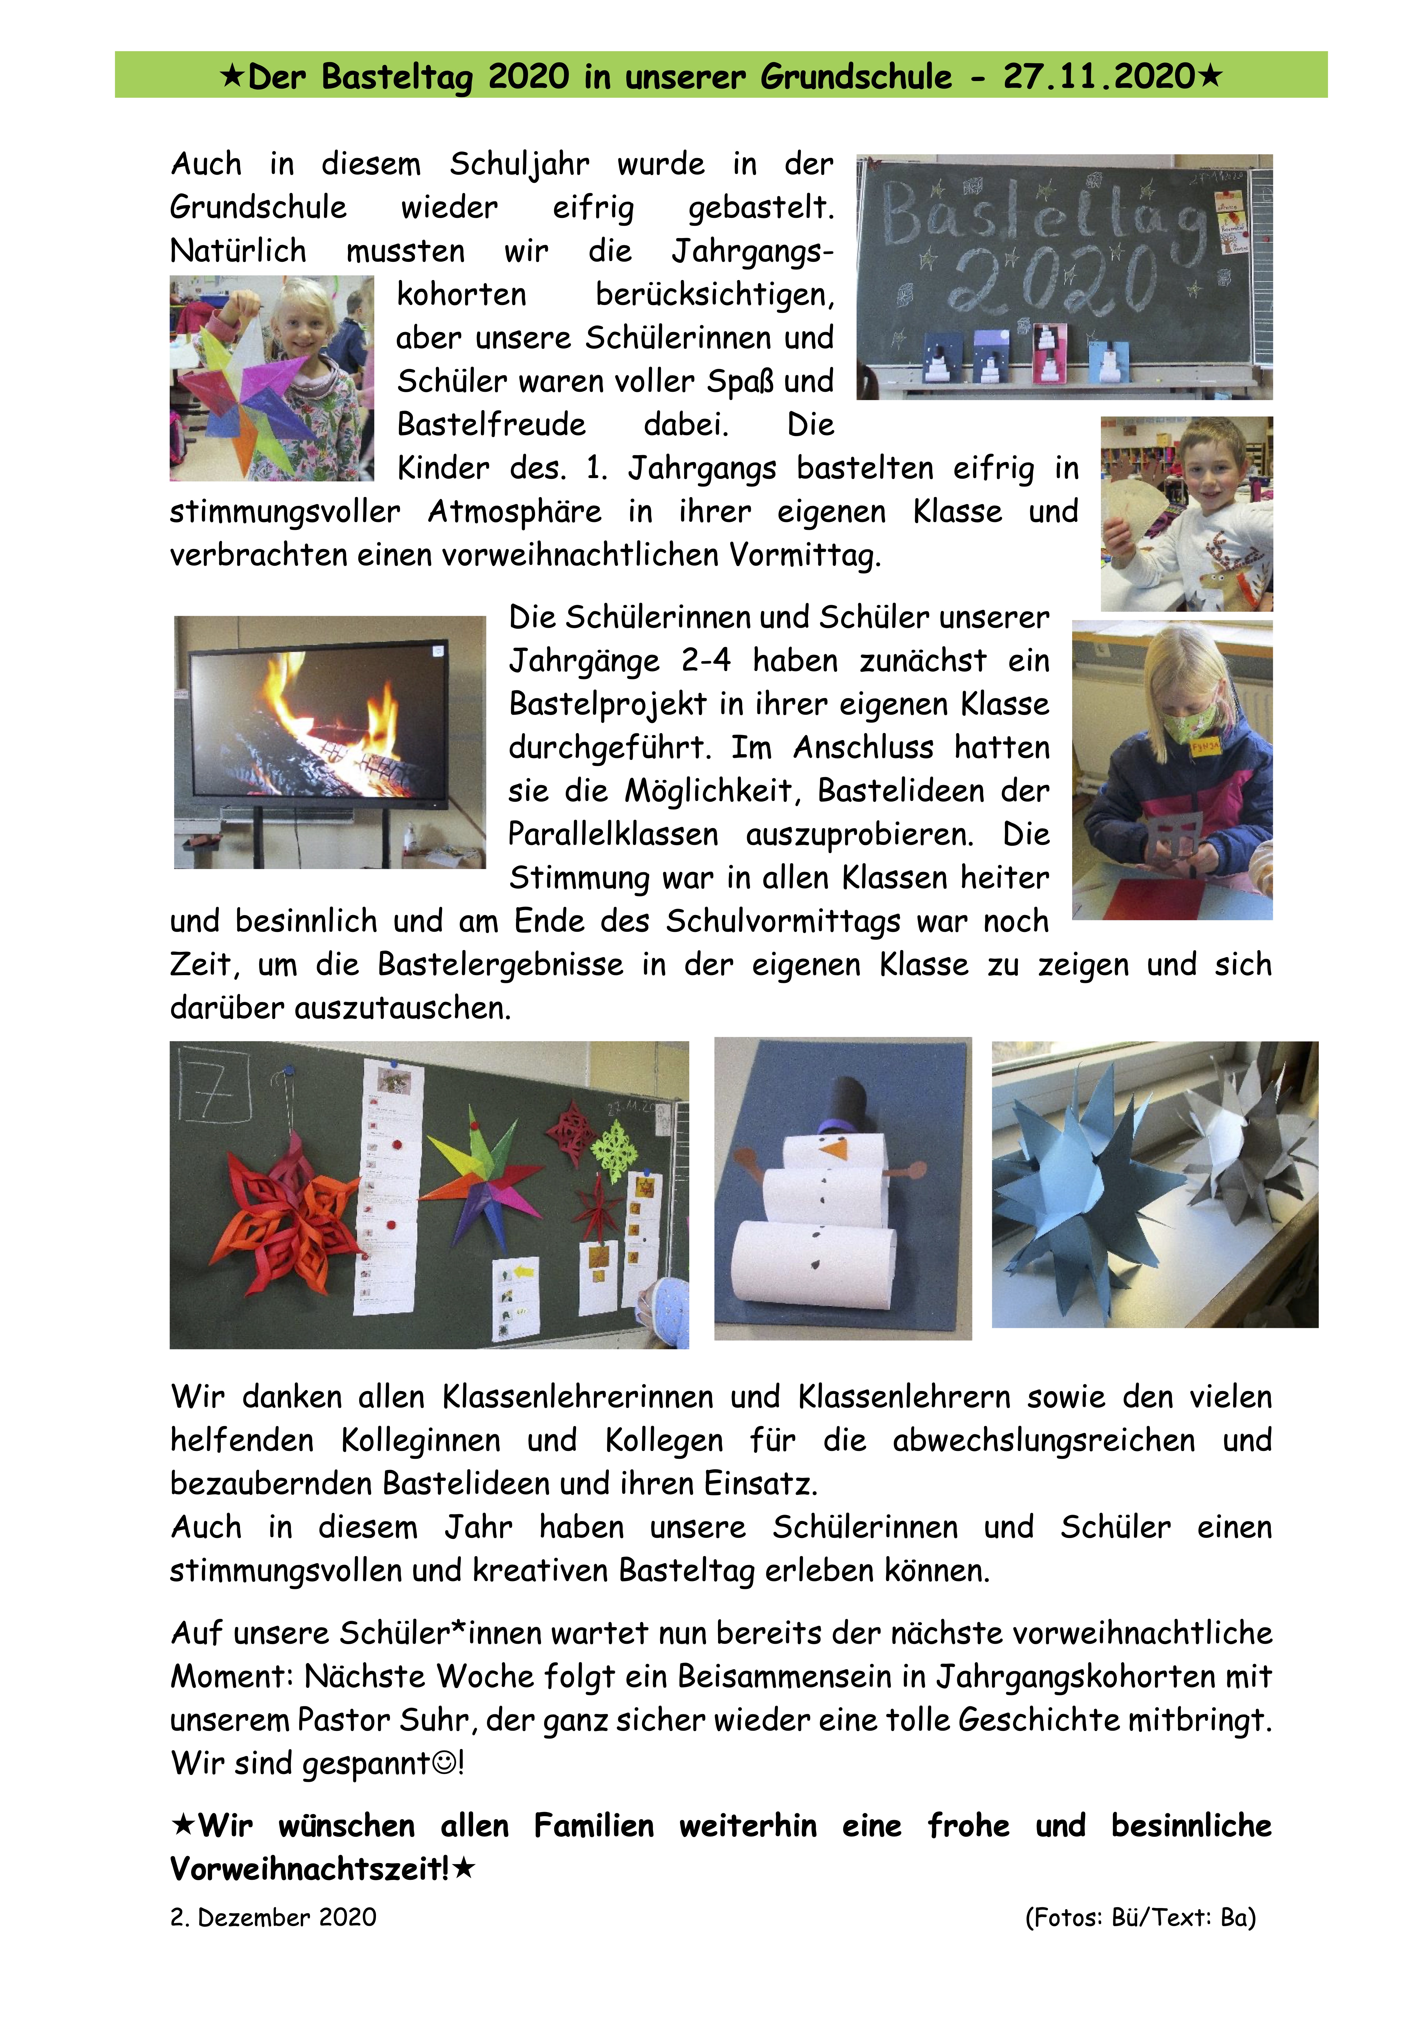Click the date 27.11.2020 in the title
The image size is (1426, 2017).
(1098, 76)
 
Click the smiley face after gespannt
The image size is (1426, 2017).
(445, 1762)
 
